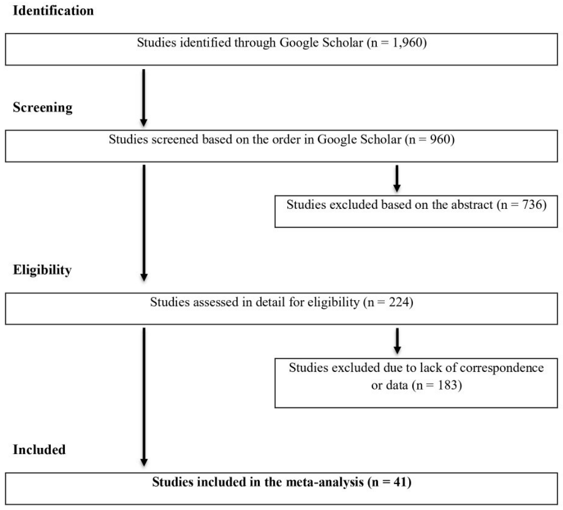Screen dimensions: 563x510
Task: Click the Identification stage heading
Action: tap(53, 11)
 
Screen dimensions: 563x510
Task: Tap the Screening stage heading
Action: tap(43, 107)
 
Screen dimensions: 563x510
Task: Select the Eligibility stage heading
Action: tap(42, 270)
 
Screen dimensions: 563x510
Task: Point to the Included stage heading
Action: tap(39, 450)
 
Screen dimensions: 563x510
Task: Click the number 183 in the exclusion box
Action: tap(447, 385)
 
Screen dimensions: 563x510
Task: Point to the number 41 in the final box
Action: tap(401, 481)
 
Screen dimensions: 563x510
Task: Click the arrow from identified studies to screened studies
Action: tap(144, 98)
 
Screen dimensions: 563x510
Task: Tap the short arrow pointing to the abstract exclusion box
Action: tap(397, 179)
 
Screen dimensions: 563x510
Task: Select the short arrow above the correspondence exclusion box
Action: tap(397, 341)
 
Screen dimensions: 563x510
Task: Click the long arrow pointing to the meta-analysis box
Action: tap(144, 397)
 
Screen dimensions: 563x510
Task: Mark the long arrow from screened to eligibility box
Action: tap(144, 223)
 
